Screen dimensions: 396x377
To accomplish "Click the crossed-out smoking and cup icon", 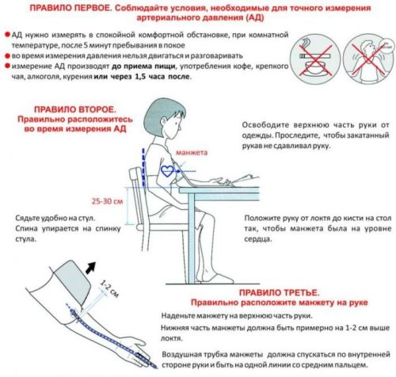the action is point(314,59).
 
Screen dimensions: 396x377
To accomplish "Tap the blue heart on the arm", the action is point(167,171).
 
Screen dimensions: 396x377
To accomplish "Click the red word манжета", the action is point(192,153).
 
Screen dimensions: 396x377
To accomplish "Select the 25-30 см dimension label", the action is point(108,201).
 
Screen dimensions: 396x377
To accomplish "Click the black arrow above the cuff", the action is point(91,268).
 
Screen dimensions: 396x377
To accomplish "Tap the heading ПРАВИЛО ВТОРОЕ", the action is point(75,109).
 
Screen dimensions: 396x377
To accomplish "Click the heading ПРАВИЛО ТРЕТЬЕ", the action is point(279,292).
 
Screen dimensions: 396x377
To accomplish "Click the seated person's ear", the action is point(164,122).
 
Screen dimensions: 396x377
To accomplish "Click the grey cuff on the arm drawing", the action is point(70,284).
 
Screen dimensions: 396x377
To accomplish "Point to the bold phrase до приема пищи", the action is point(143,66).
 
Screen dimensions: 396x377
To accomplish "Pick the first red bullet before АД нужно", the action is point(7,35).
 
